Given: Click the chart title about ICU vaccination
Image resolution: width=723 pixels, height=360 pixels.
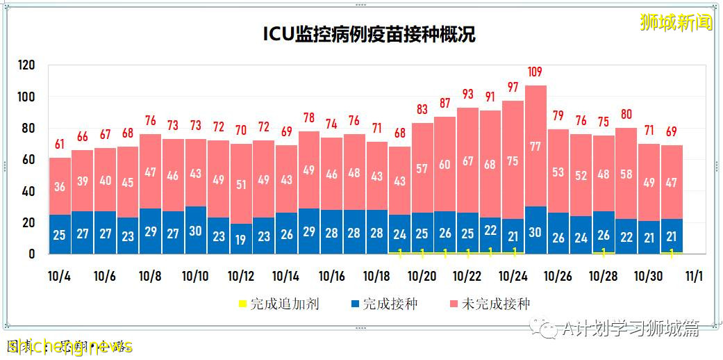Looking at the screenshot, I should tap(369, 35).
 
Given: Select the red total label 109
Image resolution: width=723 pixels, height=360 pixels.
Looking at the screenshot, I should tap(535, 72).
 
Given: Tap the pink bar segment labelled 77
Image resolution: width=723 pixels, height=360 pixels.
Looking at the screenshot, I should tap(535, 146).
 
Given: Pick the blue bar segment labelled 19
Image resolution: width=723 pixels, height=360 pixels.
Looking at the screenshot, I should tap(240, 238).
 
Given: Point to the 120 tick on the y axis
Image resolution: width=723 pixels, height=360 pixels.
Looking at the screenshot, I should tap(26, 65).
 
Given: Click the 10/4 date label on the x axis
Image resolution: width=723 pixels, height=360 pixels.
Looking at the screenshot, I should tap(59, 276).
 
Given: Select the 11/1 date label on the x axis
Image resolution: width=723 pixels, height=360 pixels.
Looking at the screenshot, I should tap(693, 276).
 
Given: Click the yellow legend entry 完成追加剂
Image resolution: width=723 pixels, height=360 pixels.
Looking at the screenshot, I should tap(278, 304).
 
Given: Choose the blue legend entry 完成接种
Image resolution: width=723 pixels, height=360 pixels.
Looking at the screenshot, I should tap(384, 304).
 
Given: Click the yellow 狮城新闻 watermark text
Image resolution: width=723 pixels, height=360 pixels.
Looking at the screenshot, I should tap(676, 23).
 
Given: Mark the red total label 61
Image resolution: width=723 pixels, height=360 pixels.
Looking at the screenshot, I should tap(60, 145).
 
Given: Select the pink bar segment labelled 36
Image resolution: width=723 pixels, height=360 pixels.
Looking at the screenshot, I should tap(60, 186).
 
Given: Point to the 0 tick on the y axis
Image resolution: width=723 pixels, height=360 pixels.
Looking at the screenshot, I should tap(31, 254).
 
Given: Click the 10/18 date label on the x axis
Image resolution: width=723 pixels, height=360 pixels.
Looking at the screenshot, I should tap(376, 276).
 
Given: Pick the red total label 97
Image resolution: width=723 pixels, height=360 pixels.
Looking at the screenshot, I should tap(513, 88).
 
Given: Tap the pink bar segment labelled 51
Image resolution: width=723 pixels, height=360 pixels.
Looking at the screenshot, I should tap(240, 184).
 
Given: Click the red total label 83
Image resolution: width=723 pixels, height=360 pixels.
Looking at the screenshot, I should tap(422, 109).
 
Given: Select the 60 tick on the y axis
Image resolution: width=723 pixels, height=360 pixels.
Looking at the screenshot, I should tap(28, 160).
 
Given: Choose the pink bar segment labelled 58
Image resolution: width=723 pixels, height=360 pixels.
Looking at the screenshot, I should tap(626, 174).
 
